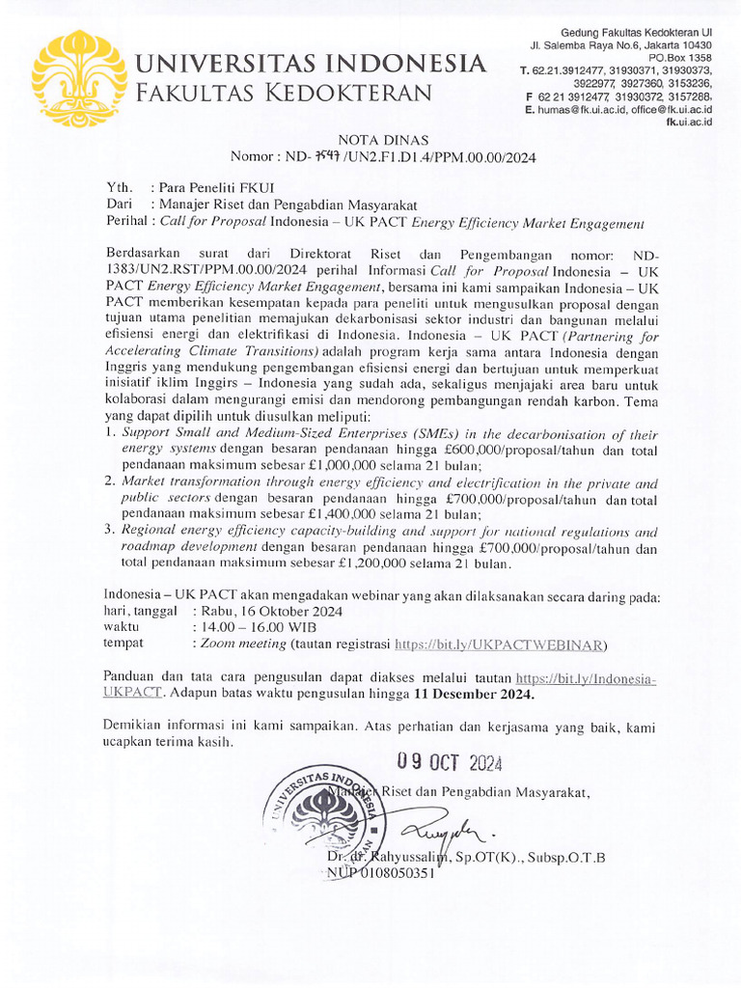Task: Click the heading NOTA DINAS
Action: [382, 139]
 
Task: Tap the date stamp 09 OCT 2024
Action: [451, 764]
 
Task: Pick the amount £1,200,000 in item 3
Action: [344, 563]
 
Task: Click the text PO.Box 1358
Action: [679, 58]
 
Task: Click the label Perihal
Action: [128, 223]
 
